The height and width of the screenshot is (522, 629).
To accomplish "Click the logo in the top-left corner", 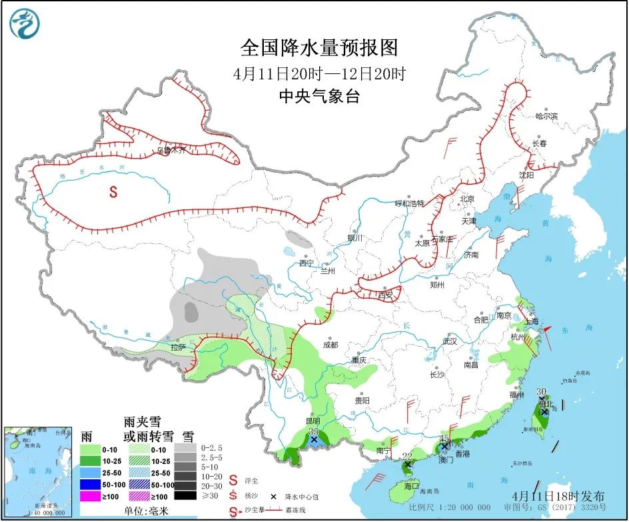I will pyautogui.click(x=25, y=23).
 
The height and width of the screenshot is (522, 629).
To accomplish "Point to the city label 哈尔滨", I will pyautogui.click(x=546, y=116).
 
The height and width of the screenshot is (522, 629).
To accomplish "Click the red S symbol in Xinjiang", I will pyautogui.click(x=113, y=192).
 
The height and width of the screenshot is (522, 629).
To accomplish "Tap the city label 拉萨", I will pyautogui.click(x=177, y=347).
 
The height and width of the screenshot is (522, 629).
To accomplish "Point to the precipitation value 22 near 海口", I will pyautogui.click(x=408, y=455).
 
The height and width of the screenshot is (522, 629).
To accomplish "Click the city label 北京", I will pyautogui.click(x=466, y=199).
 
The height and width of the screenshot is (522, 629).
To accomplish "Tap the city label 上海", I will pyautogui.click(x=531, y=321).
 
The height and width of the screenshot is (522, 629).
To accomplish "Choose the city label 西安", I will pyautogui.click(x=386, y=294).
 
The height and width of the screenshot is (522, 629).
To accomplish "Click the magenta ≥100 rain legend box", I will pyautogui.click(x=90, y=495).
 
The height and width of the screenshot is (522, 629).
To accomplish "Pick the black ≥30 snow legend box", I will pyautogui.click(x=186, y=495).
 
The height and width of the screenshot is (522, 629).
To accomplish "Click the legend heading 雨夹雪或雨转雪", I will pyautogui.click(x=148, y=429).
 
